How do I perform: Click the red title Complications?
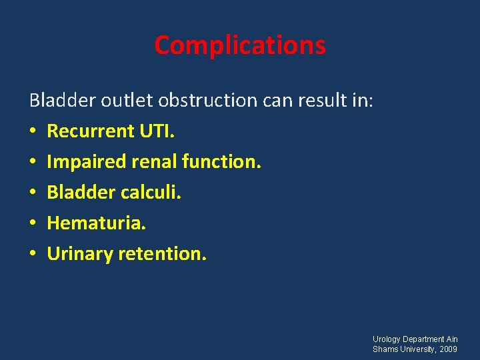(x=240, y=45)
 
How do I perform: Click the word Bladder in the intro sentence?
(x=63, y=100)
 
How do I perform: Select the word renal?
(x=154, y=161)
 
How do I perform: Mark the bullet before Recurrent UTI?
(x=33, y=131)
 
